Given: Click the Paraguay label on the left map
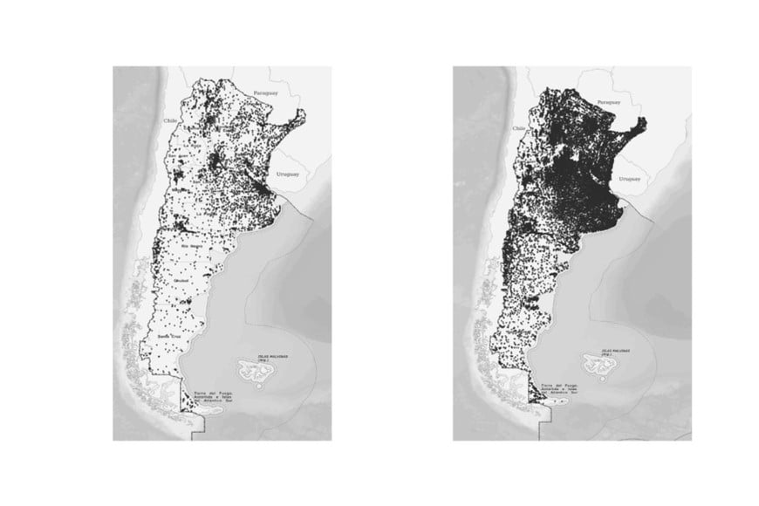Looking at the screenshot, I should coord(264,92).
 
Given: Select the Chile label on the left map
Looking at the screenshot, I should coord(170,121).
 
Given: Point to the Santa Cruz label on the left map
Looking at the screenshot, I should coord(170,335).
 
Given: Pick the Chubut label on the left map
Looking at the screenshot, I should coord(182,281).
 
